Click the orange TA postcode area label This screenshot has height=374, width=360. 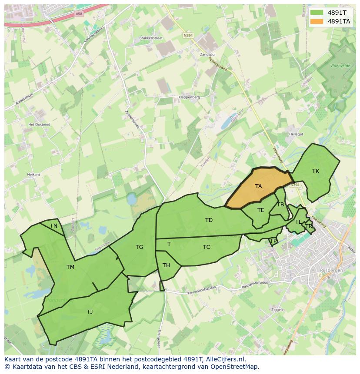click(x=258, y=186)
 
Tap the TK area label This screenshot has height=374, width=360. click(x=316, y=171)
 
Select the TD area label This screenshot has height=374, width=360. click(x=209, y=220)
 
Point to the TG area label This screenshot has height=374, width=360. click(x=139, y=247)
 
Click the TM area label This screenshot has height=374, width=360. click(x=70, y=267)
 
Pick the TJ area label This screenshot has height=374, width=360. click(x=90, y=312)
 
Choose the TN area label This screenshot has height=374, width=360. click(x=53, y=226)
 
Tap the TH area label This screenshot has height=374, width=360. click(x=166, y=265)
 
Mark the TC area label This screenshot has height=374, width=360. click(x=207, y=247)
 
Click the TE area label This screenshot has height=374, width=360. click(x=260, y=210)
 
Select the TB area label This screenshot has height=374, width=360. click(x=280, y=205)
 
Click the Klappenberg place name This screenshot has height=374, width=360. click(x=189, y=97)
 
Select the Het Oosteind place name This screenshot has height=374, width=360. click(x=39, y=125)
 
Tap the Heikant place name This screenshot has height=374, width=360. click(x=33, y=175)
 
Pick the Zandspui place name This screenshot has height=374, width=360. click(x=207, y=55)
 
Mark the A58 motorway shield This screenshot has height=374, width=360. click(x=79, y=14)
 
